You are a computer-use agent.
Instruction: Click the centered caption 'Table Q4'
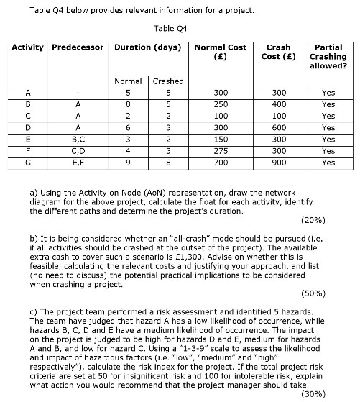pos(170,29)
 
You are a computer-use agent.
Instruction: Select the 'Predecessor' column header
pos(78,47)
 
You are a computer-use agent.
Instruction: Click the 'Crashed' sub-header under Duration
pos(167,81)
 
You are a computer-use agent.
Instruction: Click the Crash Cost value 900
pos(278,163)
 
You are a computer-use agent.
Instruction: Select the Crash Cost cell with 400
pos(278,104)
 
